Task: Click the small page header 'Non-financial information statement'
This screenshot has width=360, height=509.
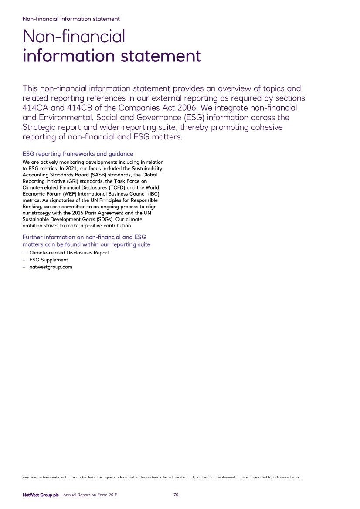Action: (x=71, y=19)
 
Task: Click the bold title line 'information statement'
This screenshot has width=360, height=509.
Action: (x=112, y=56)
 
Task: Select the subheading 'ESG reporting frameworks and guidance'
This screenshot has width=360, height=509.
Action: (x=78, y=154)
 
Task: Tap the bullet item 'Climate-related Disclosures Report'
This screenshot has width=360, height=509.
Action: (x=69, y=253)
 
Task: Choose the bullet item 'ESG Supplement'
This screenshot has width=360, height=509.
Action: (x=48, y=260)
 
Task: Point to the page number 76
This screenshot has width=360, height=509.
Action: (x=176, y=495)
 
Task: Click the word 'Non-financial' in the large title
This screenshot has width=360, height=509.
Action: (x=74, y=36)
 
